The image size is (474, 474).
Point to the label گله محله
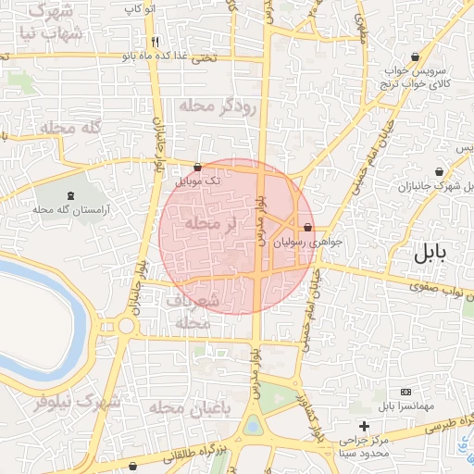pos(69,128)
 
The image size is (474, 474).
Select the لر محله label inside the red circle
pos(212,223)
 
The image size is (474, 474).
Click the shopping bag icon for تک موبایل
pos(198,168)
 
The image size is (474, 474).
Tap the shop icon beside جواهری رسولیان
pos(307,228)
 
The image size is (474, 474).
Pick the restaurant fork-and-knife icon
pos(155,42)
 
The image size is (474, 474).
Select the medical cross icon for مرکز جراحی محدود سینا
pos(365,427)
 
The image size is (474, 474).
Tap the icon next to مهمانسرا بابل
pos(404,393)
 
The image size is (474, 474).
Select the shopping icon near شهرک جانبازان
pos(438,171)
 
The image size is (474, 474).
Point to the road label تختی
pos(203,57)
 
